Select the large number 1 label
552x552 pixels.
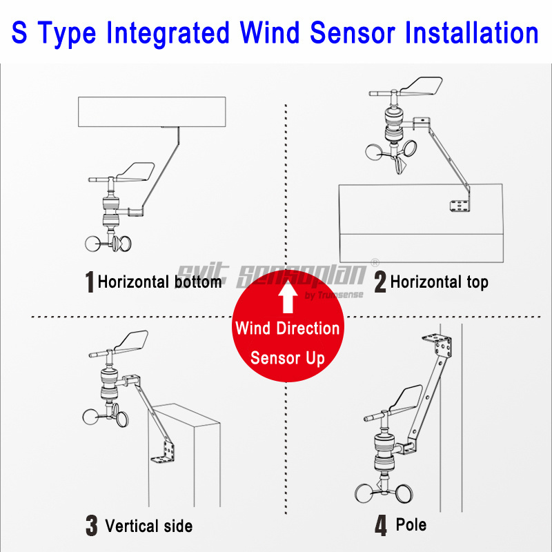coord(89,282)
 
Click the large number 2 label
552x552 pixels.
coord(379,282)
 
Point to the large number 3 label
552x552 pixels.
coord(92,526)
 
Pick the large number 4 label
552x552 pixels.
coord(381,526)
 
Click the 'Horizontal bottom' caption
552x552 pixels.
coord(159,282)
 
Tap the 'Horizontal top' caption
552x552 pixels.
coord(439,282)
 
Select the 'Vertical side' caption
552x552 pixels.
coord(148,526)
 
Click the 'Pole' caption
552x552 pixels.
coord(411,524)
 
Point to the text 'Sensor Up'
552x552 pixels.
coord(287,358)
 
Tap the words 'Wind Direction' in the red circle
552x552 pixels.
coord(287,328)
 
